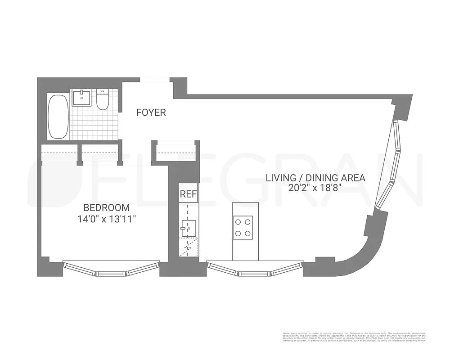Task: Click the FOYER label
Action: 151,112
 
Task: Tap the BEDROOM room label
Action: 106,208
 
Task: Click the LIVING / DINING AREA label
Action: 315,178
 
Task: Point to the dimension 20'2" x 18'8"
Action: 315,189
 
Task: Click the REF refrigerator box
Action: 189,194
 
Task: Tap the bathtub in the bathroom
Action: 58,117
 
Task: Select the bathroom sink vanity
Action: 83,98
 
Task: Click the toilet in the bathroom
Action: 103,99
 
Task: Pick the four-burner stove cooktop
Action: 243,227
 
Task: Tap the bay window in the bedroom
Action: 111,269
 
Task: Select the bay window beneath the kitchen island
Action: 255,269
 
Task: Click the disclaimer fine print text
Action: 353,337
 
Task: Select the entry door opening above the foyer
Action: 154,80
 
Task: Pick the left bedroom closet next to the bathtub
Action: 59,153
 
